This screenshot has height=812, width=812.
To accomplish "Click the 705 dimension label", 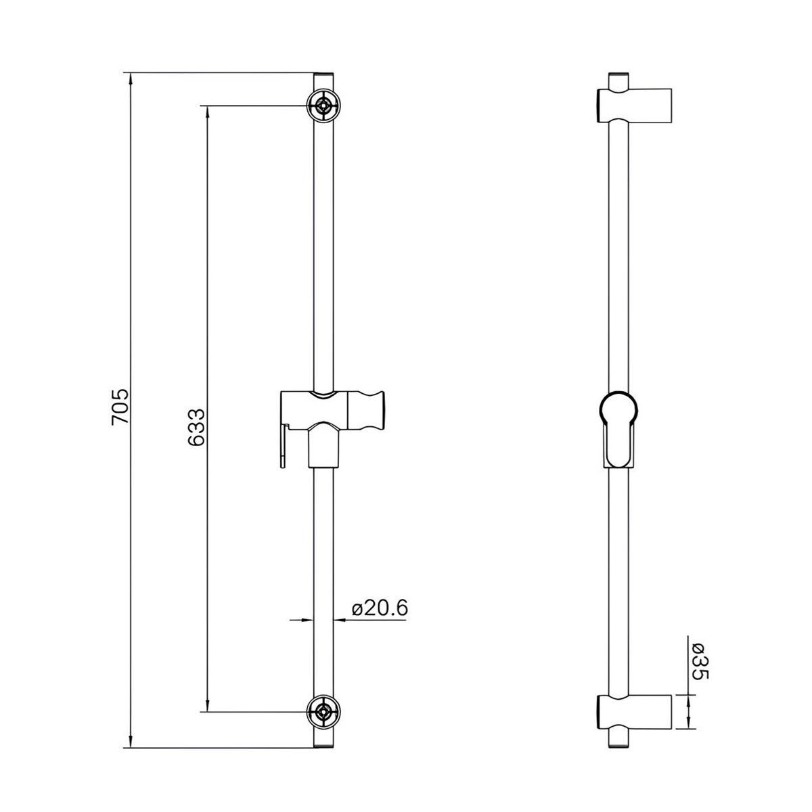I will [x=120, y=407].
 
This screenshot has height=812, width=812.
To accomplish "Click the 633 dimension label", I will [x=197, y=427].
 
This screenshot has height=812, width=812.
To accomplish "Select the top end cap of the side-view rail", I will [x=619, y=74].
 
